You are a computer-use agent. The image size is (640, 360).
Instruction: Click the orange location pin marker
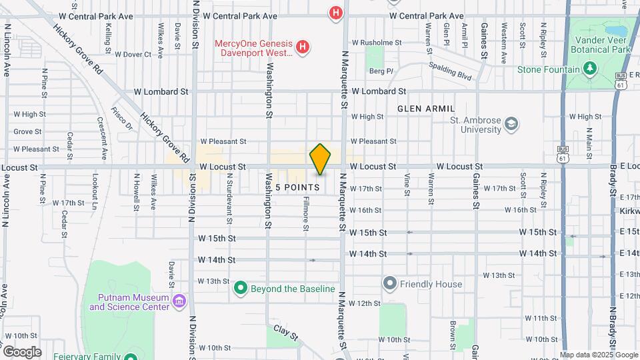[321, 159]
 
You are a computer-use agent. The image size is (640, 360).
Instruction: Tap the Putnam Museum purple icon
[178, 302]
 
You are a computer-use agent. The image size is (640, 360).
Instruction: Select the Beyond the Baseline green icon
[241, 289]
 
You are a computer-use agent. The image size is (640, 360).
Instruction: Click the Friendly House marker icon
[390, 284]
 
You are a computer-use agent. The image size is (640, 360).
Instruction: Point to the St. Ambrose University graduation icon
[511, 125]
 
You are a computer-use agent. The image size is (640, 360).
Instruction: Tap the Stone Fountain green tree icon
[589, 69]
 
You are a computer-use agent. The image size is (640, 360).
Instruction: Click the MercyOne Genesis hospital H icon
[303, 47]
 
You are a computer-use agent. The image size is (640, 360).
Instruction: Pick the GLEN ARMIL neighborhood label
[426, 109]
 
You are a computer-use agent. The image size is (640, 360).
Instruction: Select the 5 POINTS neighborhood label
[297, 187]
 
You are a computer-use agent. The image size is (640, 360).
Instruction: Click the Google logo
[21, 351]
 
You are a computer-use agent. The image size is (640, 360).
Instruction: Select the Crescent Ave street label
[102, 139]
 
